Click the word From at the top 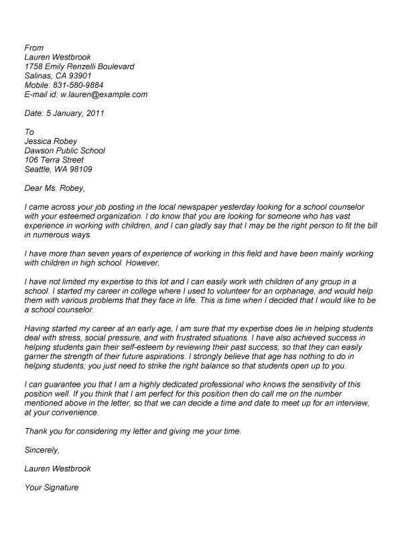[x=33, y=48]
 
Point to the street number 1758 [x=34, y=66]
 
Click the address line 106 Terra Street [x=54, y=160]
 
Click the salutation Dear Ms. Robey [x=55, y=188]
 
